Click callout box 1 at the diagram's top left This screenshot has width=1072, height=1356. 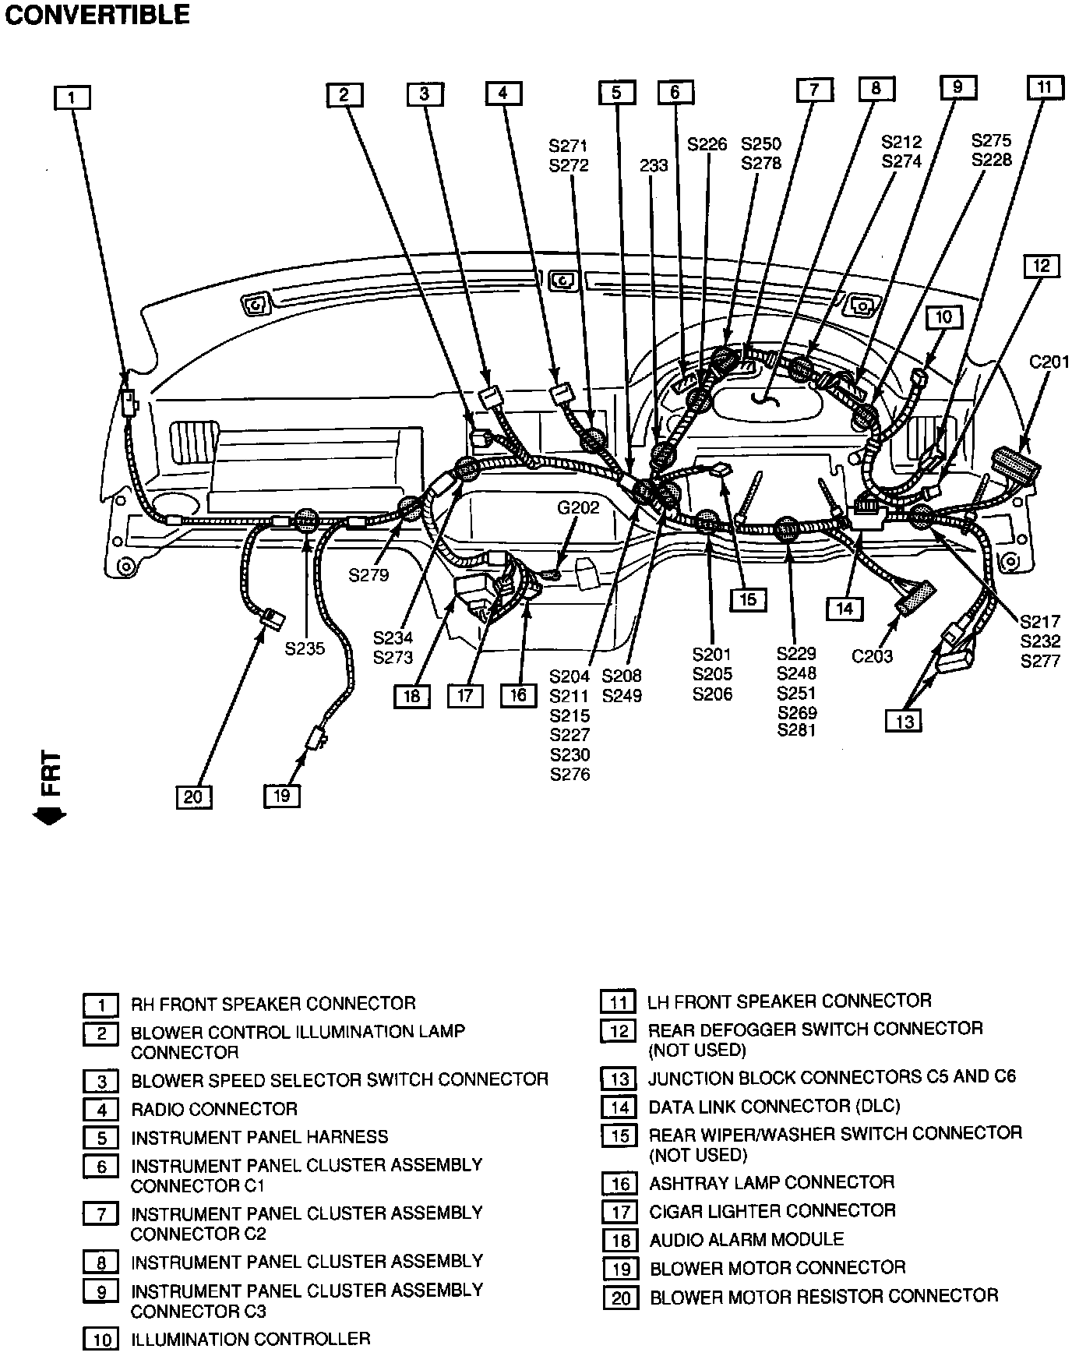[x=72, y=97]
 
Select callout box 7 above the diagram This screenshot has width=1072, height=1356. [x=814, y=90]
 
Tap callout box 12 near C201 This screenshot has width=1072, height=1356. [x=1042, y=266]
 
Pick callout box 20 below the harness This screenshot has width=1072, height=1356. [x=193, y=796]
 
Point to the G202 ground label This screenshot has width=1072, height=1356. [x=578, y=508]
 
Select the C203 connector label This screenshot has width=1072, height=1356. [x=872, y=655]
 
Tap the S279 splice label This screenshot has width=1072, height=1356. [x=368, y=575]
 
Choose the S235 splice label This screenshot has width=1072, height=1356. [x=305, y=648]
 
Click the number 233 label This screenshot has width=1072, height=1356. [x=654, y=165]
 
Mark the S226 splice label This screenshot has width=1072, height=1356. [x=707, y=144]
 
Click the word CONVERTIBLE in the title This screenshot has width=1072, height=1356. [x=97, y=15]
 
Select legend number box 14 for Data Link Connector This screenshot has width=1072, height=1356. [x=619, y=1107]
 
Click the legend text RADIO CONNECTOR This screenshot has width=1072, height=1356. [x=214, y=1108]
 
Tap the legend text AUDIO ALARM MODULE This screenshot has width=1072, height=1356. [x=746, y=1239]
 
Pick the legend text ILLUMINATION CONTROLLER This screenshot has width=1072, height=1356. [x=250, y=1339]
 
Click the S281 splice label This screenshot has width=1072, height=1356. [x=796, y=730]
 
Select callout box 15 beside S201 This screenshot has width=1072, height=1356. [x=748, y=599]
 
